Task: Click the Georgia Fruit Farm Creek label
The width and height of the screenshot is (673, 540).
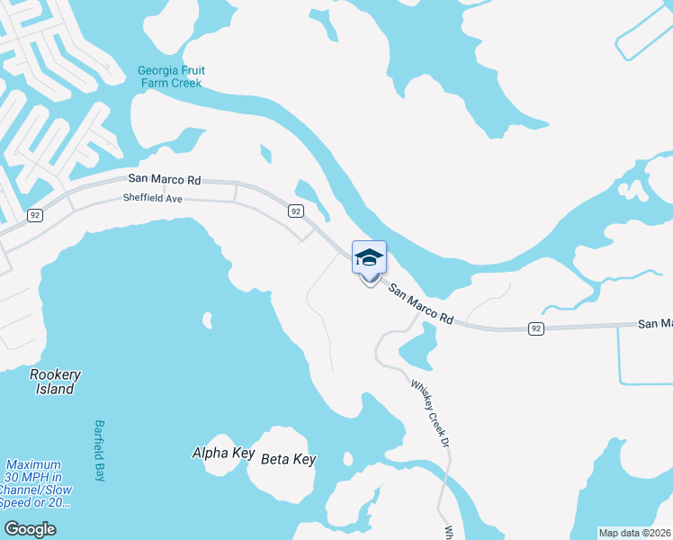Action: coord(169,76)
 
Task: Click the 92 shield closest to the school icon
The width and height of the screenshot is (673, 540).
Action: coord(295,211)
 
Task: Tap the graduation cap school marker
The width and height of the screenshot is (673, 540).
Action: coord(369,259)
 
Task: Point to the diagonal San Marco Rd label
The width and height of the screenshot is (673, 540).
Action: coord(421,301)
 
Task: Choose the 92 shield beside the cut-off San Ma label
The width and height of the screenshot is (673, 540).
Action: coord(536,328)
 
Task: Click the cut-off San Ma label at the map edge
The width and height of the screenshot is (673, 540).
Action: coord(655,323)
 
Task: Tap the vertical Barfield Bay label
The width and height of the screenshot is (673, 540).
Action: coord(100,450)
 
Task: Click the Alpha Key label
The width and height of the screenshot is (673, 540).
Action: coord(223,453)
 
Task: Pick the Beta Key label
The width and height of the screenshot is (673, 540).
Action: coord(288,459)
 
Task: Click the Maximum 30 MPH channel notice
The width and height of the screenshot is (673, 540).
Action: coord(36,483)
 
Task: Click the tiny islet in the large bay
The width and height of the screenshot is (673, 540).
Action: coord(208,319)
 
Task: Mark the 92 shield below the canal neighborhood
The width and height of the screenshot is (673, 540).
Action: coord(35,215)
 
